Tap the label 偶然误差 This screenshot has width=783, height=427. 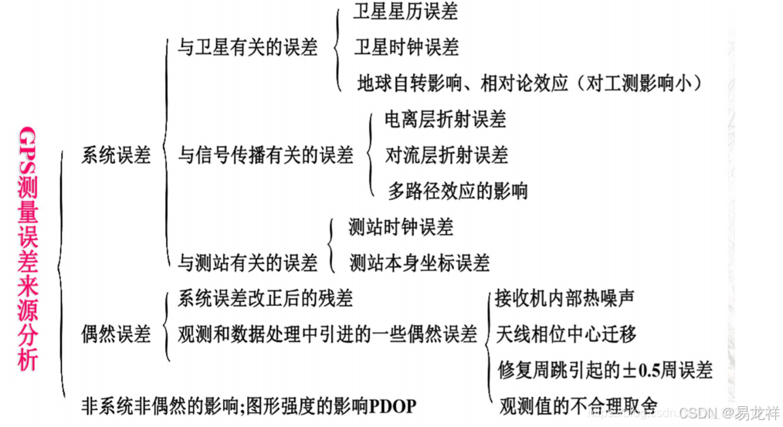(x=116, y=334)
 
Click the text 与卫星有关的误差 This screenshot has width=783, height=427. (x=247, y=48)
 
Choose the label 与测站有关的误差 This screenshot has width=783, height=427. (x=247, y=263)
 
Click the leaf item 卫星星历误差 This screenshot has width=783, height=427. (x=405, y=12)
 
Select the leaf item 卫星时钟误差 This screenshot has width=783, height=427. (x=406, y=48)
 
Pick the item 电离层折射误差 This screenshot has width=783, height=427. (x=446, y=120)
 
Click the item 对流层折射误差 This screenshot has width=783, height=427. (x=446, y=155)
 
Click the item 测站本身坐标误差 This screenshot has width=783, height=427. (x=419, y=263)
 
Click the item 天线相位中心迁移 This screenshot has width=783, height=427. (x=566, y=334)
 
